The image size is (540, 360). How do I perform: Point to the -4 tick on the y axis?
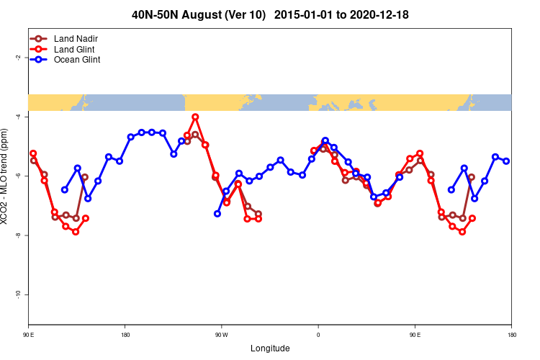(x=17, y=116)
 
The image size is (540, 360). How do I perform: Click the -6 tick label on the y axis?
(x=17, y=176)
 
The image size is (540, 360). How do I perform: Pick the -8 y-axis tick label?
(x=17, y=235)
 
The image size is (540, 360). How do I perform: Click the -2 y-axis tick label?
(x=17, y=57)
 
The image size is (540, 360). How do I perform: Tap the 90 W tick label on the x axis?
(x=220, y=335)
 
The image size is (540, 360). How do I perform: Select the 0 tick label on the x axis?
(x=318, y=335)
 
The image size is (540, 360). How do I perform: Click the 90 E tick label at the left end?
(x=29, y=335)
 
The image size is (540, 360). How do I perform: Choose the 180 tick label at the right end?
(x=511, y=335)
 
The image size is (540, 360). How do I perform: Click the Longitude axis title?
(x=270, y=348)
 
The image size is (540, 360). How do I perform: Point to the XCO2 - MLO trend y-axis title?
(x=6, y=176)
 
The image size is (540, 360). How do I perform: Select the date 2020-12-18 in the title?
(x=379, y=14)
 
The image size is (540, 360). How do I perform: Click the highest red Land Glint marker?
(x=196, y=117)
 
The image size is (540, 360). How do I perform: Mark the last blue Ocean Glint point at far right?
(x=506, y=161)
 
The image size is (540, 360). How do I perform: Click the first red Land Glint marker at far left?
(x=33, y=153)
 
